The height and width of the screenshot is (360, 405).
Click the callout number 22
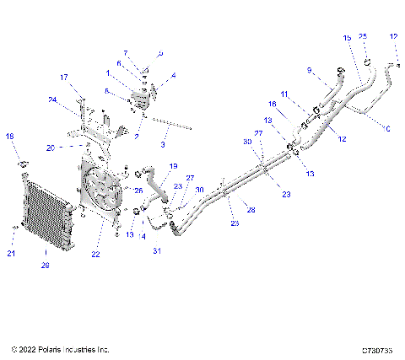tap(95, 254)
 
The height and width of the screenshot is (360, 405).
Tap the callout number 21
tap(11, 253)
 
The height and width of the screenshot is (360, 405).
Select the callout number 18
tap(10, 136)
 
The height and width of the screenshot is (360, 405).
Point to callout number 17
tap(63, 78)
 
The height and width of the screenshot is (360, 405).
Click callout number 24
tap(51, 99)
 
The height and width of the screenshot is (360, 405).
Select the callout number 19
tap(173, 166)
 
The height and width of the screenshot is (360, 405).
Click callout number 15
tap(347, 38)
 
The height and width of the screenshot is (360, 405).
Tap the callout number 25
tap(363, 37)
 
